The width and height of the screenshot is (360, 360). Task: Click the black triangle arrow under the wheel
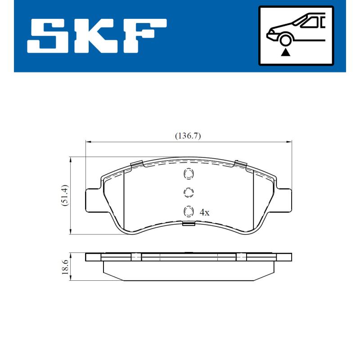tap(285, 52)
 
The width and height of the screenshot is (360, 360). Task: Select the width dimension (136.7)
tap(188, 135)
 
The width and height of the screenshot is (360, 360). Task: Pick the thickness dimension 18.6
tap(65, 267)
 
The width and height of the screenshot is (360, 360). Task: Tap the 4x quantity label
tap(204, 212)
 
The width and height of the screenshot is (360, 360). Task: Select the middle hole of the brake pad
tap(188, 193)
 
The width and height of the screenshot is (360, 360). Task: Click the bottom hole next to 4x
tap(188, 211)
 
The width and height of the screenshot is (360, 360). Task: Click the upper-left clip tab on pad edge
tap(136, 164)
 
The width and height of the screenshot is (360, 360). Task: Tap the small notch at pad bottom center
tap(188, 223)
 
